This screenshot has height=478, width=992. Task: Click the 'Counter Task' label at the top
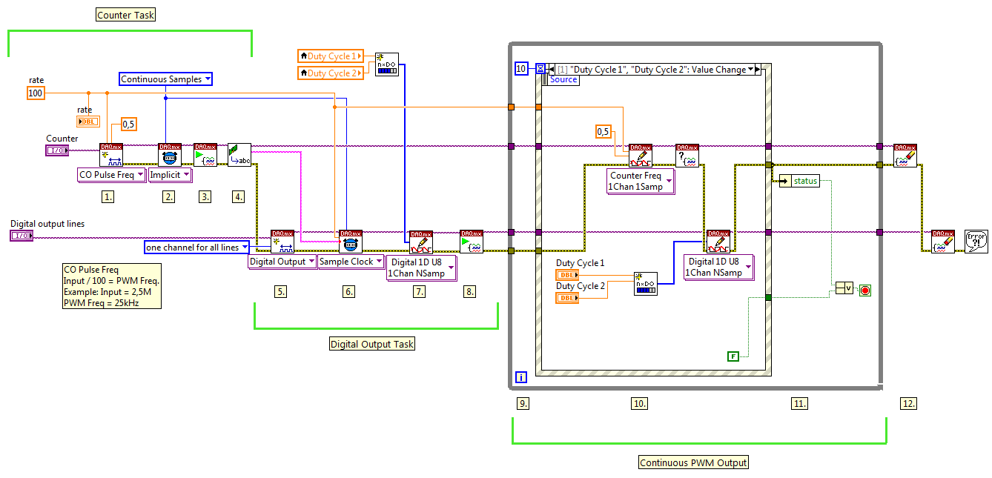(126, 15)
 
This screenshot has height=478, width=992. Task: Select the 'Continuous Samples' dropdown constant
(166, 79)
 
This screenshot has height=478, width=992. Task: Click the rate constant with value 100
(35, 93)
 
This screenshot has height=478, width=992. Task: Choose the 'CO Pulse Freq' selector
(111, 175)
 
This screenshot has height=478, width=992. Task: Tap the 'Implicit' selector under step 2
(170, 175)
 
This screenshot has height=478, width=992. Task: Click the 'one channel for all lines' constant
(197, 247)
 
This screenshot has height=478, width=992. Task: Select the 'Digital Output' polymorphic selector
(282, 262)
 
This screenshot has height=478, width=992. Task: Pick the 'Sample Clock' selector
(351, 262)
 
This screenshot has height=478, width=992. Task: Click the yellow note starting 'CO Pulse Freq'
(111, 286)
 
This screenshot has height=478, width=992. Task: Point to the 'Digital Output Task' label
(372, 344)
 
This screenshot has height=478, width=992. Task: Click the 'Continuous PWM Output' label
(694, 462)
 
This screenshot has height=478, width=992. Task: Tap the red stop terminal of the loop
(864, 291)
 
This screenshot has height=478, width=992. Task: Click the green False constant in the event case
(733, 356)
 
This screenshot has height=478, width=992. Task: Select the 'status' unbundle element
(800, 180)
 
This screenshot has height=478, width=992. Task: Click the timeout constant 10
(522, 69)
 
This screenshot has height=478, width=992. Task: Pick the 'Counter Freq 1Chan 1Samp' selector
(641, 182)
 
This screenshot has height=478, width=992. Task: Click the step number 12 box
(908, 403)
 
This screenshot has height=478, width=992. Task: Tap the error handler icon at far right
(975, 242)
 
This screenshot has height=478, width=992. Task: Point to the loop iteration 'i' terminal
(521, 377)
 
